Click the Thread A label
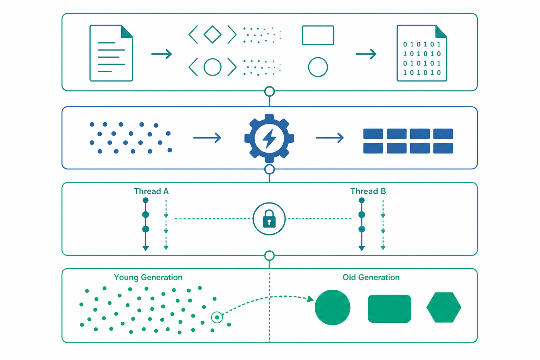[x=151, y=191]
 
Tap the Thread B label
[x=368, y=191]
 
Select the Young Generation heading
[x=148, y=277]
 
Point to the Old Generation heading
[x=371, y=277]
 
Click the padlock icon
[x=269, y=219]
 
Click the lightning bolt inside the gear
[x=269, y=138]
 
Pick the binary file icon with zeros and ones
[x=422, y=53]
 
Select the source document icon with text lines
[x=111, y=53]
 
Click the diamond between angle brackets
[x=212, y=34]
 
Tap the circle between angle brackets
[x=212, y=67]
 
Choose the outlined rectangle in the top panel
[x=318, y=35]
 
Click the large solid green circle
[x=333, y=307]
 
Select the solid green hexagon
[x=444, y=307]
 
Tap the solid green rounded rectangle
[x=389, y=309]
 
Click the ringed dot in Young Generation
[x=217, y=317]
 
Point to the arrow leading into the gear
[x=207, y=138]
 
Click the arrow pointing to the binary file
[x=366, y=54]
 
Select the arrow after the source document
[x=161, y=54]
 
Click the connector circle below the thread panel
[x=269, y=256]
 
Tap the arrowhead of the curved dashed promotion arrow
[x=310, y=299]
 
